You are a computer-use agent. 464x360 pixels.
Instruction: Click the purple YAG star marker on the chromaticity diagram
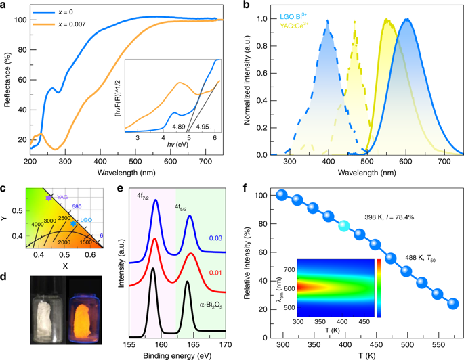48,197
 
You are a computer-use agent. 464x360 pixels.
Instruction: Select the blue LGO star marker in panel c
74,222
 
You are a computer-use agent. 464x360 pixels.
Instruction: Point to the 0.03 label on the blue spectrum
216,239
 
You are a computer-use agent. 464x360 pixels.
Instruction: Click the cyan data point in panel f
345,225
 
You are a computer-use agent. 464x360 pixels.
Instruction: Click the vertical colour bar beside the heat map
379,288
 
